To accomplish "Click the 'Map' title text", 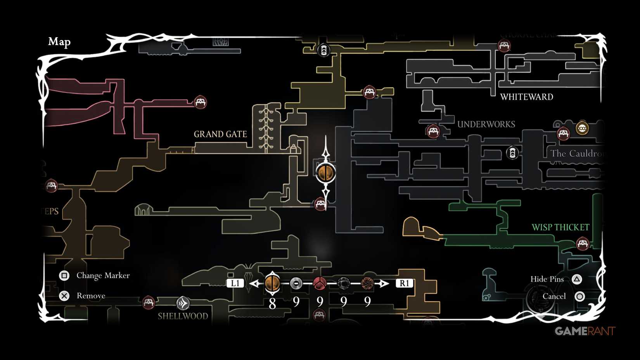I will [x=59, y=42].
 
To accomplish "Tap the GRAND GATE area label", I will [x=220, y=134].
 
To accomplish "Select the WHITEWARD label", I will [x=526, y=97].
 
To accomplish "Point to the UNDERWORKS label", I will [x=486, y=125].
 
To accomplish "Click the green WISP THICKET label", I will [x=560, y=227].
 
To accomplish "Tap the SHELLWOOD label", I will [x=183, y=316].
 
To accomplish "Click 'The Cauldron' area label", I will [x=576, y=154].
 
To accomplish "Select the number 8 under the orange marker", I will [x=272, y=303].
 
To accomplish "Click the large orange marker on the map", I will [x=325, y=173].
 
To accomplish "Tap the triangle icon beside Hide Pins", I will [x=577, y=279].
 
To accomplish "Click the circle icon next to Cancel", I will [x=579, y=296].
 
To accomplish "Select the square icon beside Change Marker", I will [x=64, y=275].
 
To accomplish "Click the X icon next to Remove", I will [x=64, y=296].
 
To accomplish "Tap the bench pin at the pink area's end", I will [x=200, y=102].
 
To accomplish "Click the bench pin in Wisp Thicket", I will [x=582, y=244].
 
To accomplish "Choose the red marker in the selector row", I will [x=320, y=284].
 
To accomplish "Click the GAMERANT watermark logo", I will [x=585, y=331].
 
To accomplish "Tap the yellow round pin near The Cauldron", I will [x=582, y=128].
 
